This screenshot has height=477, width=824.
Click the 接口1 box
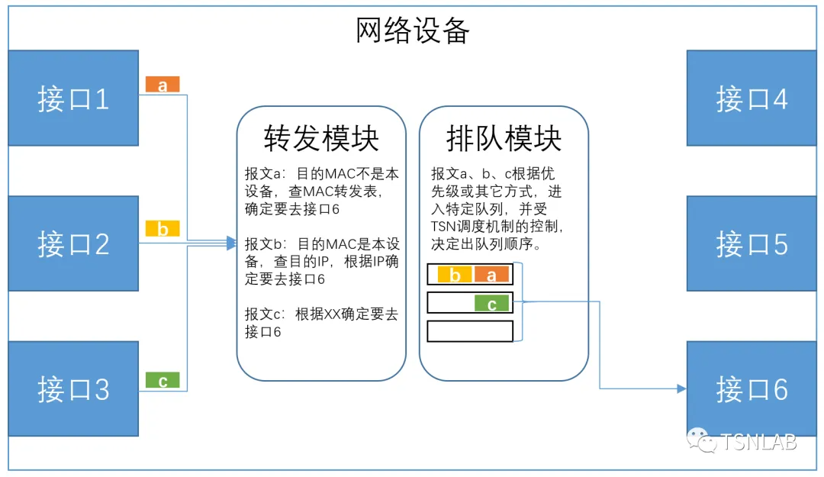73,98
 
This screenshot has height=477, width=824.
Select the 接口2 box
73,243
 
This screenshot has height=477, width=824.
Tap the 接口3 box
73,388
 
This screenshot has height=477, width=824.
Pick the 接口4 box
752,98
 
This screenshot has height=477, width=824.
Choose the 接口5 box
752,243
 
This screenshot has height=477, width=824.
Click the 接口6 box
752,388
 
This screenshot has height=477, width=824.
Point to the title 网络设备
413,30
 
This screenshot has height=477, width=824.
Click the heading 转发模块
321,138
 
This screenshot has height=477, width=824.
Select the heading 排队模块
504,138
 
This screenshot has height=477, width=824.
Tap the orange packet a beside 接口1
163,84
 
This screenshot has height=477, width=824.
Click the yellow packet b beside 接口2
163,229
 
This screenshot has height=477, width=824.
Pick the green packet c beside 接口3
163,380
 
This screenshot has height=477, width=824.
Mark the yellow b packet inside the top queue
455,274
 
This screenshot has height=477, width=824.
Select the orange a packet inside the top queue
491,274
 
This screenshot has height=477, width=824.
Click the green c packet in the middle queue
491,304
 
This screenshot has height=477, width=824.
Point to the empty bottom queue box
470,331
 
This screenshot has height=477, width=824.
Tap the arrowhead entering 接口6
681,388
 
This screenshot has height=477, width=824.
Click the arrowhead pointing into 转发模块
232,243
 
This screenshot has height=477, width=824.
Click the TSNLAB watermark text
758,442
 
